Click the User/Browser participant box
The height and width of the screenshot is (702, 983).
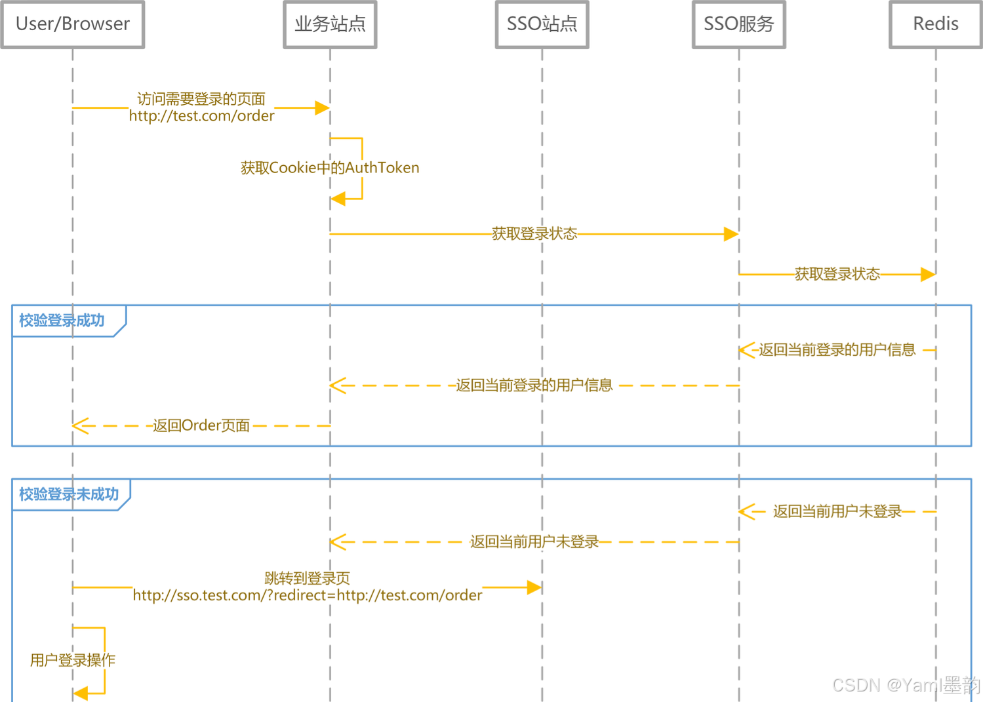72,24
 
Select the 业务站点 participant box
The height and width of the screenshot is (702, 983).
330,24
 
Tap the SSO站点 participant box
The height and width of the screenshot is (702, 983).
542,24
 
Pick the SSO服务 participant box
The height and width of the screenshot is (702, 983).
738,24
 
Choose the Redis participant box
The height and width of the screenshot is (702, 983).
935,24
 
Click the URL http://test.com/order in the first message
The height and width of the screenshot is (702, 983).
201,116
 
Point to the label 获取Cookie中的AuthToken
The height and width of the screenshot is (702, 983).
330,168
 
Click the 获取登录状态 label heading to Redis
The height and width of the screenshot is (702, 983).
837,274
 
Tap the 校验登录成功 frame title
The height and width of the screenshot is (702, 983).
62,321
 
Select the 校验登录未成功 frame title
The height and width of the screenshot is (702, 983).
69,494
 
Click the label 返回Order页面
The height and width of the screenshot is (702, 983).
201,425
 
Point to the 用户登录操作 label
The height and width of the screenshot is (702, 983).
72,660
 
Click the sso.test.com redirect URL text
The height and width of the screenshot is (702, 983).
307,595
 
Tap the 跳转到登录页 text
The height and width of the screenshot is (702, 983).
307,578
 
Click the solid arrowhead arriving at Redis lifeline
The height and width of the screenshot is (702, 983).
927,274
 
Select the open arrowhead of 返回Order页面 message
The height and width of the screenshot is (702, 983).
79,426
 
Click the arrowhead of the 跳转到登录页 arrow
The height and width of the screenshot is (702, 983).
534,587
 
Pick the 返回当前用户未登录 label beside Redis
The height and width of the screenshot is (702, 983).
837,511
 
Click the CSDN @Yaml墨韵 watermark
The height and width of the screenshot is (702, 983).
906,685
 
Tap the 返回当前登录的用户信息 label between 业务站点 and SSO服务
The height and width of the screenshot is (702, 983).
534,385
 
